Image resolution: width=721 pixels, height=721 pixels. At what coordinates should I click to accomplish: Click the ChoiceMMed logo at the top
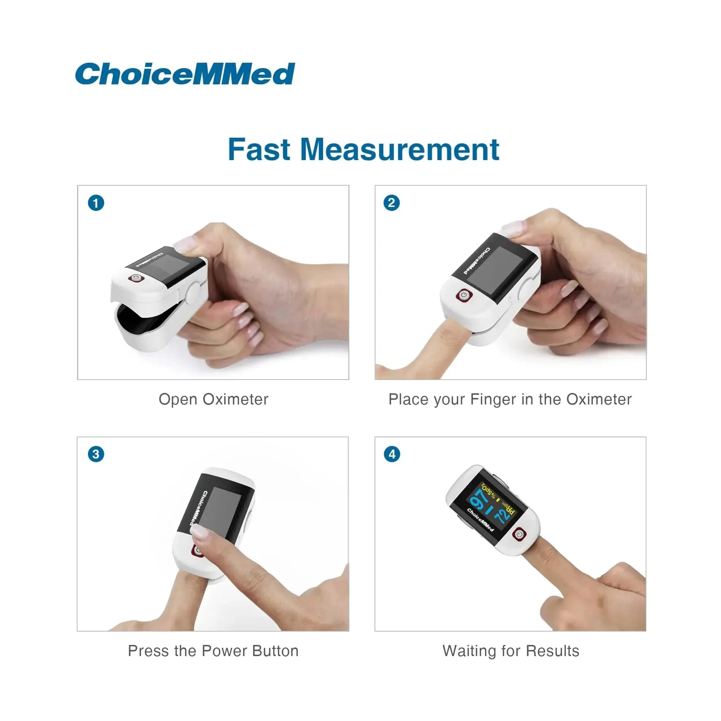(x=185, y=74)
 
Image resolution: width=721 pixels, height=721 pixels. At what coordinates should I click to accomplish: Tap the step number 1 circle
(x=96, y=203)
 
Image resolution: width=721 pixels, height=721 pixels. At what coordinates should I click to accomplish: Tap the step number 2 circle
(x=392, y=203)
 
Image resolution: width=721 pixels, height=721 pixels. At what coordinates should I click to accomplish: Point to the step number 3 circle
(x=96, y=454)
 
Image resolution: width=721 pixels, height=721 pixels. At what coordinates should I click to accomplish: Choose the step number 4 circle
(x=392, y=454)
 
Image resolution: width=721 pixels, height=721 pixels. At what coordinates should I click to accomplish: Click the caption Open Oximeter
(x=213, y=399)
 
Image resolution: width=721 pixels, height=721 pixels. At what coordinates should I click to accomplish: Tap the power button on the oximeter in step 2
(x=464, y=295)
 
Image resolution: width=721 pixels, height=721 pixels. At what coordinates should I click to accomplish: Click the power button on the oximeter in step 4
(x=519, y=535)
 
